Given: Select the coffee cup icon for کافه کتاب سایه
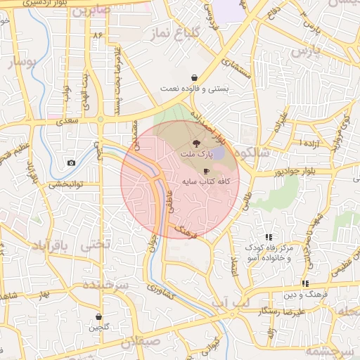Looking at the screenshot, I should point(206,171).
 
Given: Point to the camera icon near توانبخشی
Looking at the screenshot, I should point(71,163).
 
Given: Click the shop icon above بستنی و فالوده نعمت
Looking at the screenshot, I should point(194,77).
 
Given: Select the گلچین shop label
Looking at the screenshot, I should point(98,328).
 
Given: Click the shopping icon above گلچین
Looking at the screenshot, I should point(98,317).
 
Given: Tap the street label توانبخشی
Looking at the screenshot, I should point(65,185).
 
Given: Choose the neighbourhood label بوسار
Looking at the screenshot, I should point(22,64).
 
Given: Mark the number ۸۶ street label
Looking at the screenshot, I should point(97,34).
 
